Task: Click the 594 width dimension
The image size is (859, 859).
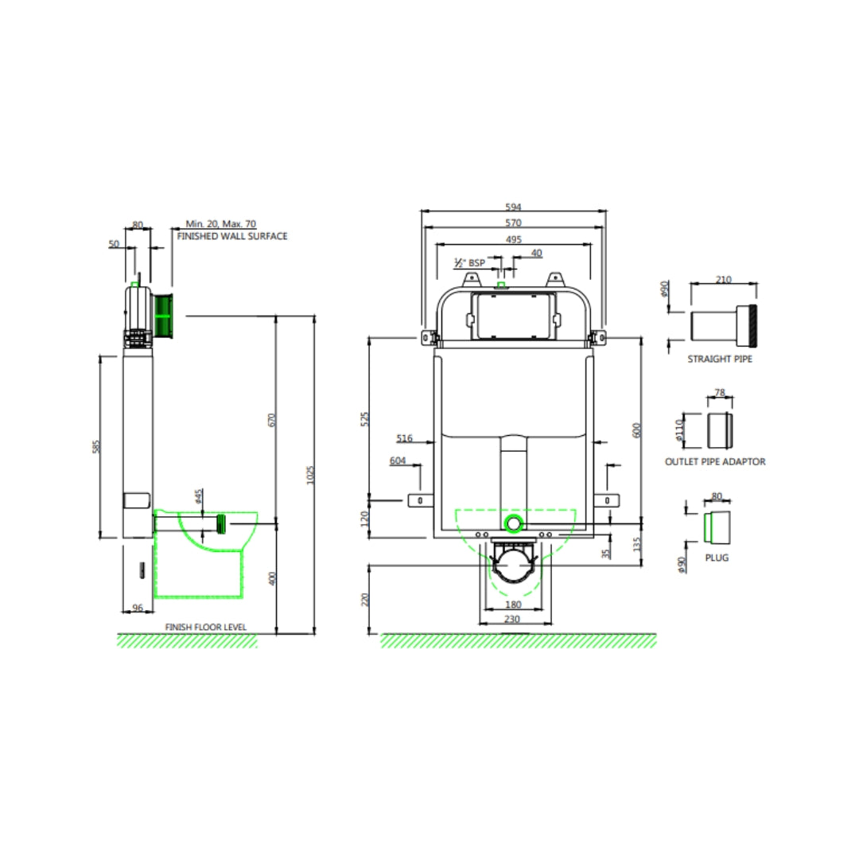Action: [x=513, y=207]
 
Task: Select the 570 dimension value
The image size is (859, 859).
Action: [x=513, y=223]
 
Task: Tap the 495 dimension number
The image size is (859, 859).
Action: [x=513, y=239]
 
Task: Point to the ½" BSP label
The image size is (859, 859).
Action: [x=469, y=262]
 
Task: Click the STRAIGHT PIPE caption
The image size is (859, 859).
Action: [x=720, y=359]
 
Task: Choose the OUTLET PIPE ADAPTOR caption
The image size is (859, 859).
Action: [x=715, y=461]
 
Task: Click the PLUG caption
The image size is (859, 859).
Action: [x=717, y=558]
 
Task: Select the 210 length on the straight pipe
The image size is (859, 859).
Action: [x=724, y=280]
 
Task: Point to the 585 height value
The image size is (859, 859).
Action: [x=96, y=446]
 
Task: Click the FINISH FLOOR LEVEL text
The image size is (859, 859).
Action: [x=206, y=627]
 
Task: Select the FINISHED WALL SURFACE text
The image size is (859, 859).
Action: [x=232, y=236]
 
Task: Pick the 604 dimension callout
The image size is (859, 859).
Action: [x=397, y=461]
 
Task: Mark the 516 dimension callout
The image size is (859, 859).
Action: [x=404, y=437]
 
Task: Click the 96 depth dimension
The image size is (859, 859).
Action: [x=137, y=608]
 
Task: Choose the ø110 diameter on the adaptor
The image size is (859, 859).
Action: [x=679, y=430]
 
